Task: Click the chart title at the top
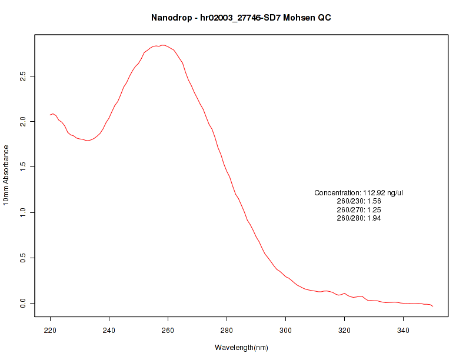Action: (x=241, y=18)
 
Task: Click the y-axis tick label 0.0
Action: (x=24, y=303)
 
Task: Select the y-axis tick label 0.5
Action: (x=24, y=258)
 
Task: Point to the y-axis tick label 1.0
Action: (x=24, y=212)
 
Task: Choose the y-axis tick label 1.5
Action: (x=24, y=167)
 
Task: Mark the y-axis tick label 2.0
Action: (x=24, y=122)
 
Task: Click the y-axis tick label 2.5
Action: (x=24, y=76)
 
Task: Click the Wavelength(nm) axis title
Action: (x=241, y=348)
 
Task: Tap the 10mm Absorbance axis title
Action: (x=6, y=175)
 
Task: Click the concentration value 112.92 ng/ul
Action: (x=382, y=193)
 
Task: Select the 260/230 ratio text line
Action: (x=359, y=201)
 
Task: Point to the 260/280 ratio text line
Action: (x=359, y=218)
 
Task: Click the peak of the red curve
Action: (x=163, y=45)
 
